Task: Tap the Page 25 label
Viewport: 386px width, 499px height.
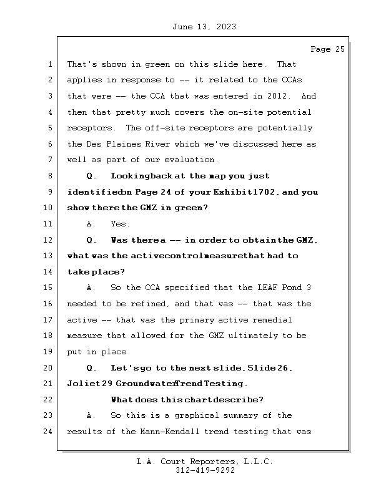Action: pos(327,49)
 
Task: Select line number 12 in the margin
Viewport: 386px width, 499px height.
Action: pos(49,240)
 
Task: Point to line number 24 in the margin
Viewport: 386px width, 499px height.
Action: pos(49,432)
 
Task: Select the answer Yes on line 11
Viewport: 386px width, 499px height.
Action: pos(120,224)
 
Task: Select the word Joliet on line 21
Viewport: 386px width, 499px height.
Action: pos(83,384)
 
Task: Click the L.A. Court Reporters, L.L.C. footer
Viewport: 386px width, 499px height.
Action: pos(204,462)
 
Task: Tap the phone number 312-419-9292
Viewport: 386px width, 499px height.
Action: pos(204,471)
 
